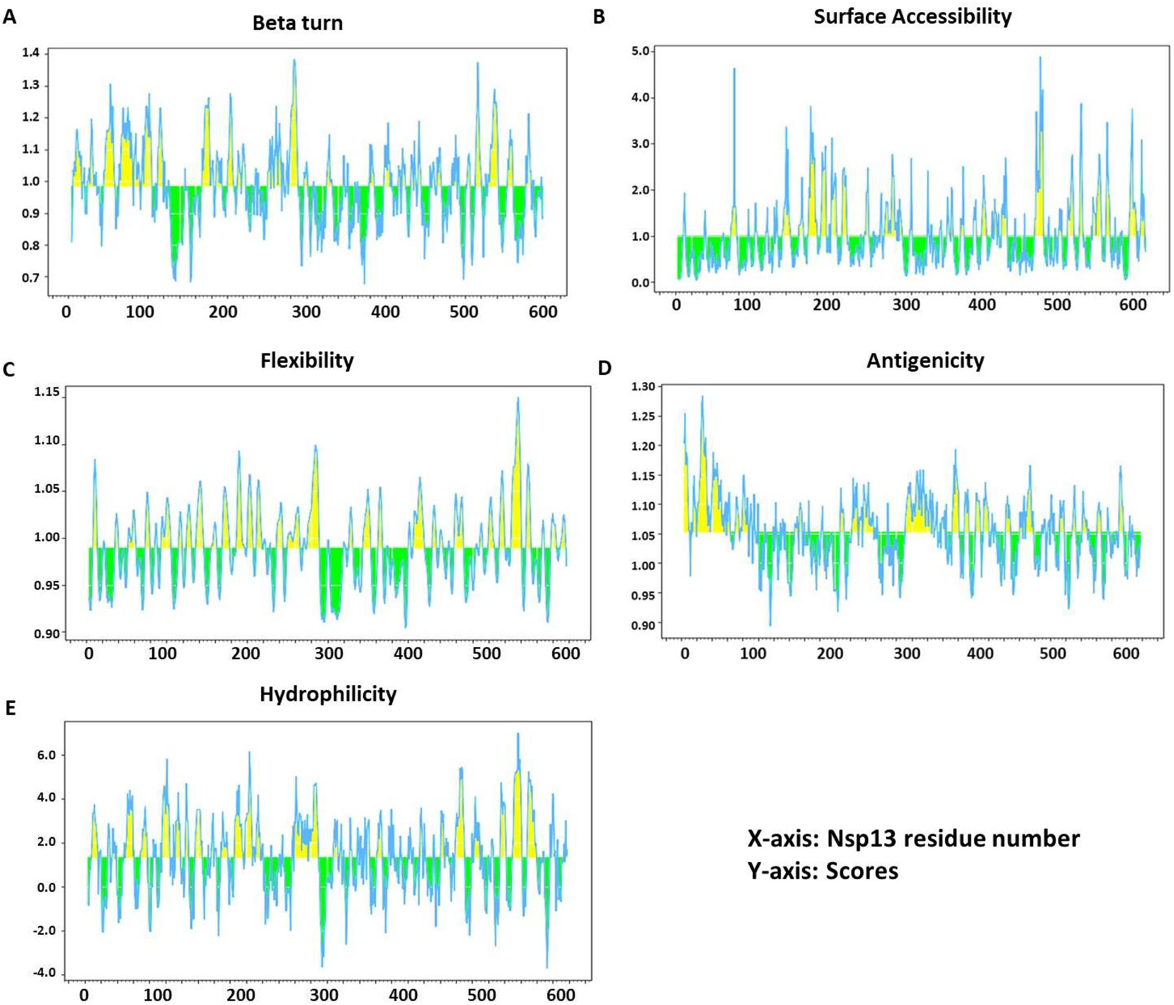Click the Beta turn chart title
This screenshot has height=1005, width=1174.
pyautogui.click(x=298, y=23)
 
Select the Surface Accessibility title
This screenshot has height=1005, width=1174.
pyautogui.click(x=912, y=17)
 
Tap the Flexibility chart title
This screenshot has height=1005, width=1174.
pyautogui.click(x=307, y=361)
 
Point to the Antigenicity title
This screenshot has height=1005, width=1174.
pyautogui.click(x=925, y=361)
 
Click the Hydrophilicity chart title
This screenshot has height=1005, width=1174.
pyautogui.click(x=328, y=694)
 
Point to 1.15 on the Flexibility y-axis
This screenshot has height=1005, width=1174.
pyautogui.click(x=46, y=392)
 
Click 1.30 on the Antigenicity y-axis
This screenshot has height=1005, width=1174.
pyautogui.click(x=643, y=387)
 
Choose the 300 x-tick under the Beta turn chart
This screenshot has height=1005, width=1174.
pyautogui.click(x=306, y=312)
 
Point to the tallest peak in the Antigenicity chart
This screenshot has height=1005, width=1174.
pyautogui.click(x=702, y=396)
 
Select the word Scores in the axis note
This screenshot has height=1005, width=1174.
pyautogui.click(x=862, y=871)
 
